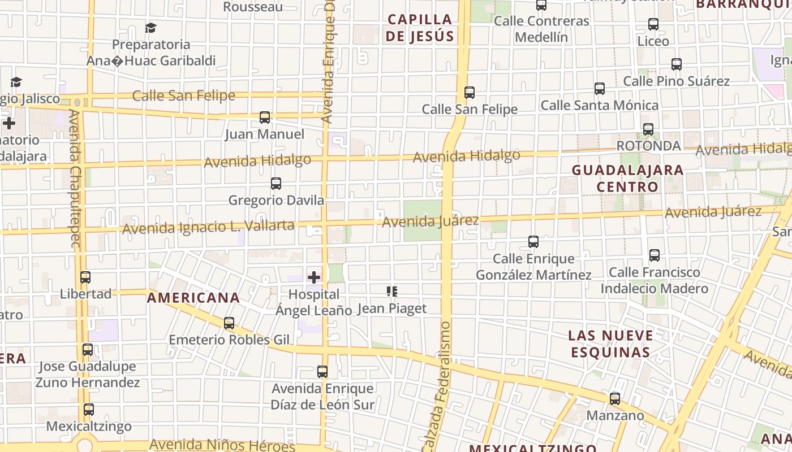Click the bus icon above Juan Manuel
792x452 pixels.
coord(264,118)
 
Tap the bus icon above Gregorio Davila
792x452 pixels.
coord(276,184)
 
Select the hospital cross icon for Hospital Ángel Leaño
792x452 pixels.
coord(314,277)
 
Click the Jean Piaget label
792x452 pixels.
coord(391,308)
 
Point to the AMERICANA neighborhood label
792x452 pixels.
coord(193,298)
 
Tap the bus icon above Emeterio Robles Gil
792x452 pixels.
coord(229,323)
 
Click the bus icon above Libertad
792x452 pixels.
coord(85,277)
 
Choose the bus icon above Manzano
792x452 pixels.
coord(615,399)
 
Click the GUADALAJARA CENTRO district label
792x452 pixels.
coord(627,178)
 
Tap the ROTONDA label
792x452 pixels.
coord(648,146)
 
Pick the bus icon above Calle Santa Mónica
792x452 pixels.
coord(600,89)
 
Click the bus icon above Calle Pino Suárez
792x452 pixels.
coord(677,64)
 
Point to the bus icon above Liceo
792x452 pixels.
coord(653,24)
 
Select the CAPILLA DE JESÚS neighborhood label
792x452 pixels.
coord(420,28)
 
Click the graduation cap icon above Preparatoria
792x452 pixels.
coord(150,28)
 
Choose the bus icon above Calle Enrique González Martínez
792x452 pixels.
coord(533,242)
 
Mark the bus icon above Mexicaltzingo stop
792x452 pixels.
coord(89,410)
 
